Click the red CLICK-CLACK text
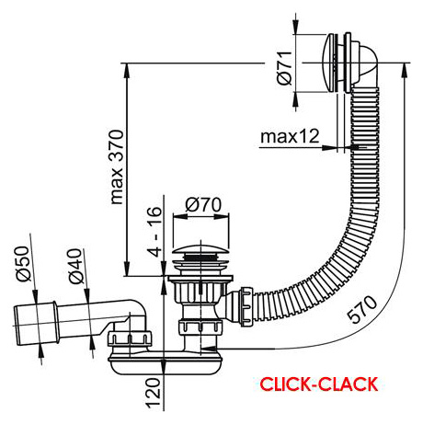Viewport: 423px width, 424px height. click(319, 384)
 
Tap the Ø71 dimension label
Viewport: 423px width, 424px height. click(285, 67)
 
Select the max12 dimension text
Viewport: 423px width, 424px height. click(290, 137)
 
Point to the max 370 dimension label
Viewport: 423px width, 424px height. click(117, 167)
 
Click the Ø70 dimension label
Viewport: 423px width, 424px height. click(203, 204)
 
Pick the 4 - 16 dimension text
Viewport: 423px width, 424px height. click(154, 232)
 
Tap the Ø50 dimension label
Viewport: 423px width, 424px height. click(24, 264)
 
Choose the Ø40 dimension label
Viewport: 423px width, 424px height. click(75, 266)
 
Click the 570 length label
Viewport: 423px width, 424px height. click(363, 309)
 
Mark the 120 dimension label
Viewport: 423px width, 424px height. click(154, 393)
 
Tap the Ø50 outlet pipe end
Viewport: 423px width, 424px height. click(34, 325)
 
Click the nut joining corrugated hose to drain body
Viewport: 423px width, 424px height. click(246, 306)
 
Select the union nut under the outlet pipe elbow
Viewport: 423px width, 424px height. click(130, 340)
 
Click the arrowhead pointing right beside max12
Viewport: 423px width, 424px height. click(328, 147)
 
